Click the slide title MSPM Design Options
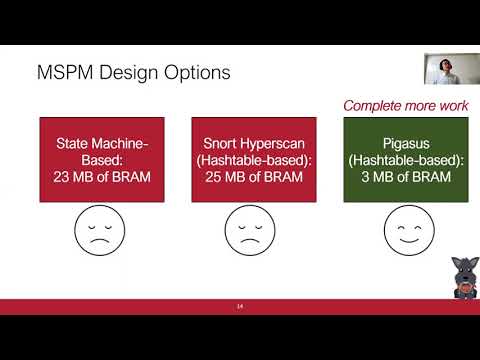pyautogui.click(x=133, y=73)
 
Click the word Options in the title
pyautogui.click(x=198, y=73)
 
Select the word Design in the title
pyautogui.click(x=131, y=73)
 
